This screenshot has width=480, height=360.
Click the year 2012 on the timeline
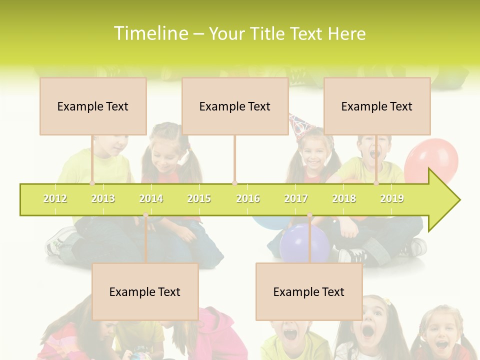55,198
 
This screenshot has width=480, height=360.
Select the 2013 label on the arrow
103,198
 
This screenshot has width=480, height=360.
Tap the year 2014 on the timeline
151,198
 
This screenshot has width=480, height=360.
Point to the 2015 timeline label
199,198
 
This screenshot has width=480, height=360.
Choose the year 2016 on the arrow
248,198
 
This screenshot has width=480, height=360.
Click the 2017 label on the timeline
296,198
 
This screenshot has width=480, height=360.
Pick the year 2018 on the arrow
344,198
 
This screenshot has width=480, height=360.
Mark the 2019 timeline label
392,198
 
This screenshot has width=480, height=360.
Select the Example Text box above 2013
93,106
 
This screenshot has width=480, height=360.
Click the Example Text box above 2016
235,106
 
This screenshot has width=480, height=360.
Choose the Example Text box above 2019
377,106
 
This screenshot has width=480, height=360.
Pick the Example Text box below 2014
145,291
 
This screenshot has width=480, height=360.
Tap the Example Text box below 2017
309,291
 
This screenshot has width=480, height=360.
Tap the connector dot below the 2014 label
145,215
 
